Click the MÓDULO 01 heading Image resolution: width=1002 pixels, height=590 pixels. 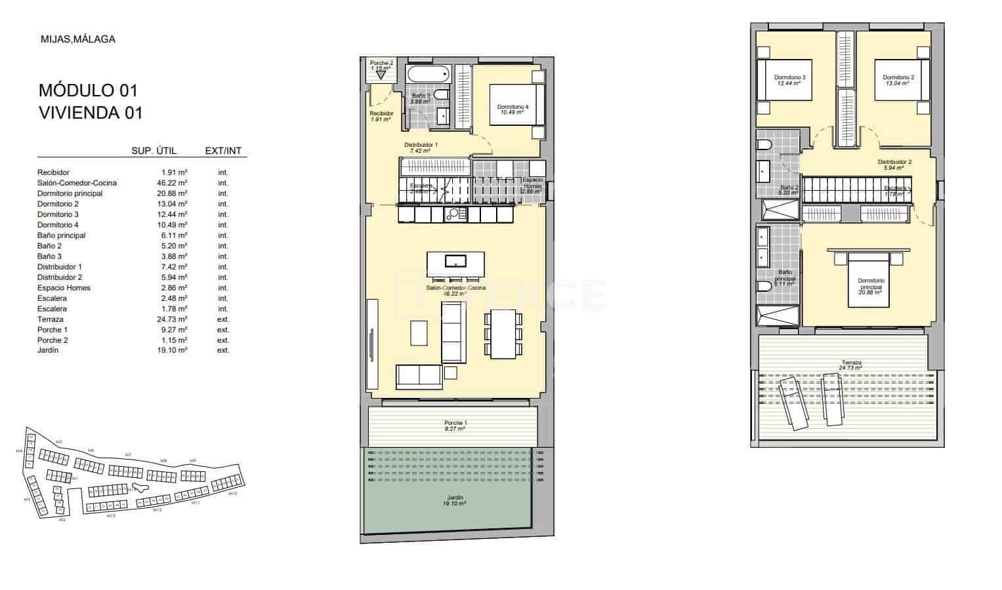coord(89,90)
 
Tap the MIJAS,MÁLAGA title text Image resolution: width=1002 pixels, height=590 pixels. coord(77,39)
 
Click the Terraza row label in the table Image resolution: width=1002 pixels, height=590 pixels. coord(51,319)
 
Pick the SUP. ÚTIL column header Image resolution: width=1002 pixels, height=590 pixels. coord(154,151)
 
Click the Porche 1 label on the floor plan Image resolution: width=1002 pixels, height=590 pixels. coord(455,425)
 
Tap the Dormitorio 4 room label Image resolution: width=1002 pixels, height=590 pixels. coord(512,109)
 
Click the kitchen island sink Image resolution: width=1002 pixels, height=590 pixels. coord(455,261)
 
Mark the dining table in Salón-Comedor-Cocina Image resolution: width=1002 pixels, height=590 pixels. coord(503,334)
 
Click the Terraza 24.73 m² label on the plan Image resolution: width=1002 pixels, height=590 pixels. coord(852,365)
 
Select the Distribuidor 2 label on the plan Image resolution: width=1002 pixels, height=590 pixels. coord(894,165)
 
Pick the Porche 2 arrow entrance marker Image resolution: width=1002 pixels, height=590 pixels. coord(381,75)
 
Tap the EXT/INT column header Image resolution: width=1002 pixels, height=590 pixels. coord(223,151)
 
